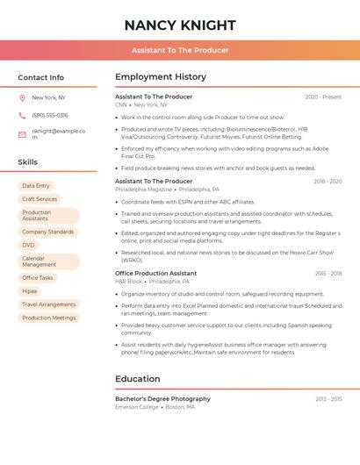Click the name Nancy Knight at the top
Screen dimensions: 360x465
180,25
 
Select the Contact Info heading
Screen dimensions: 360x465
41,77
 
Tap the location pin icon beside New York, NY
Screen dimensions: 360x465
22,98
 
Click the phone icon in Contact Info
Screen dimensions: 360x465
22,115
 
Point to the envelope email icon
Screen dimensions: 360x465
22,134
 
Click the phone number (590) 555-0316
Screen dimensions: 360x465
50,115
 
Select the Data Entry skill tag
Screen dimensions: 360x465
36,186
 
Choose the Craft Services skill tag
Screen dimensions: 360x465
40,199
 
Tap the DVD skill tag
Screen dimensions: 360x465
29,245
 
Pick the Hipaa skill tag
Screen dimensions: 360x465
30,290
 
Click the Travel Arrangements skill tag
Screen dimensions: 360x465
48,304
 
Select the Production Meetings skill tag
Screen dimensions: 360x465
48,318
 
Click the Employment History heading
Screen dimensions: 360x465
161,77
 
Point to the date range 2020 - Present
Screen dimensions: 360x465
323,97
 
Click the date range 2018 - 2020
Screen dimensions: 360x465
328,182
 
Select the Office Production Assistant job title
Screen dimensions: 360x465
156,274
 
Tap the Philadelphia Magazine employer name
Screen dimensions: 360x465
143,190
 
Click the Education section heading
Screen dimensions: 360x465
138,379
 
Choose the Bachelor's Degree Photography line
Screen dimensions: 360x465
163,399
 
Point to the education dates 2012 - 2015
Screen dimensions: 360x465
328,399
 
